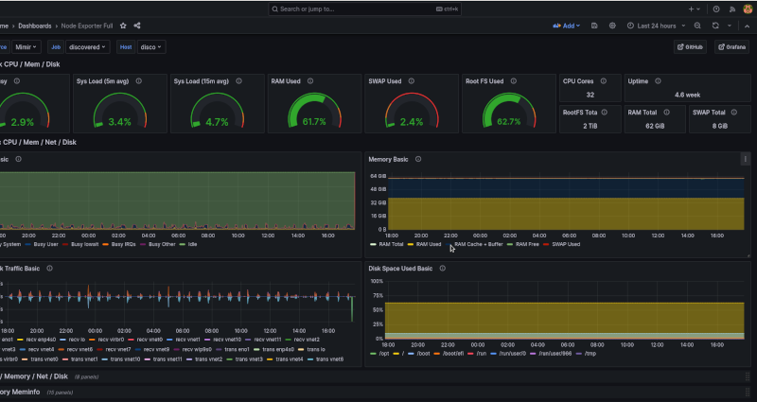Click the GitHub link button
point(691,46)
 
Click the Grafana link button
point(732,46)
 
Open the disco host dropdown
point(151,46)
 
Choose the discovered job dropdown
point(90,46)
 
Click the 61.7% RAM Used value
point(312,122)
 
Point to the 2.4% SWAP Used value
point(412,122)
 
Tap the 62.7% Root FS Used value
point(509,122)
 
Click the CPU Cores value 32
point(590,96)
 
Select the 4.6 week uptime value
point(688,96)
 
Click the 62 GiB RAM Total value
point(655,126)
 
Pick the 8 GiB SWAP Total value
point(720,126)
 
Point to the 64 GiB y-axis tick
point(378,177)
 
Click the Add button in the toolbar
point(567,26)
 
